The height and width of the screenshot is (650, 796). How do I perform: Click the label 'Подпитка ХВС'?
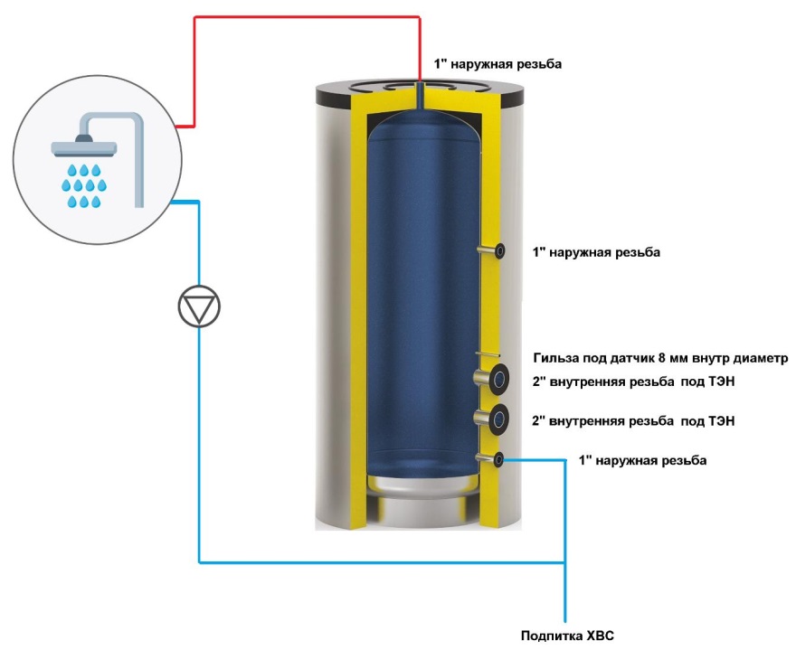(567, 636)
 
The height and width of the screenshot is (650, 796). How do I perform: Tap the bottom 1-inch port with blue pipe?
(497, 459)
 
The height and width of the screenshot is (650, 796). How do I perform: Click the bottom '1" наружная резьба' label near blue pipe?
(642, 461)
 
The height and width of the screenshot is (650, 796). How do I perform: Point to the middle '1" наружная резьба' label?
(597, 252)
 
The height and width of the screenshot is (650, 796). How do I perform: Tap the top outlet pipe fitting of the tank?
(422, 90)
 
